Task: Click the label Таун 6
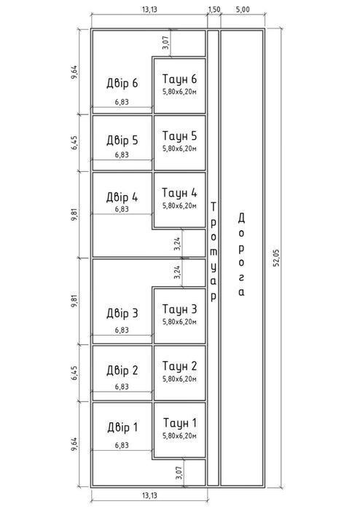tap(179, 79)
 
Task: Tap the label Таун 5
tap(179, 136)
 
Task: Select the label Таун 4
tap(179, 193)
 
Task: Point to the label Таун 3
tap(179, 309)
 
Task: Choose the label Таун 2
tap(179, 366)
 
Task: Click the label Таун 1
tap(180, 423)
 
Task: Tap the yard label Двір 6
tap(122, 84)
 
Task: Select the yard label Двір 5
tap(122, 141)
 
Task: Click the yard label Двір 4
tap(122, 197)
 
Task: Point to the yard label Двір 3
tap(122, 314)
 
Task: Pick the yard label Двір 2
tap(122, 371)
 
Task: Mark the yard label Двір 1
tap(122, 427)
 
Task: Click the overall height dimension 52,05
tap(276, 259)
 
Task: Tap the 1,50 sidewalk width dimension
tap(214, 9)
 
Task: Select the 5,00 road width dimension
tap(243, 9)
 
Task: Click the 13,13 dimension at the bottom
tap(149, 495)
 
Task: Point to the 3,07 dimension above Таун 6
tap(165, 42)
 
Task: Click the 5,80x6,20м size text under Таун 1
tap(180, 436)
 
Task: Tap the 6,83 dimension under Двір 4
tap(122, 209)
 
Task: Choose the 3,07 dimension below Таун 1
tap(179, 473)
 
